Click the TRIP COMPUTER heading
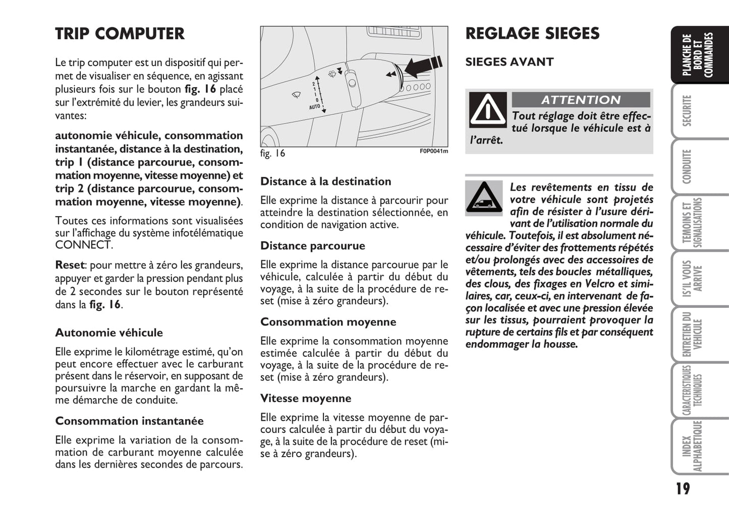coord(120,34)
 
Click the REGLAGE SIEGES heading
coord(532,34)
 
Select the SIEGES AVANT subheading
coord(509,62)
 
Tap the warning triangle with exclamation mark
coord(487,109)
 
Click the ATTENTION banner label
coord(581,100)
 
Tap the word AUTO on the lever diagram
coord(314,107)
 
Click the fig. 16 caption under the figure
coord(272,153)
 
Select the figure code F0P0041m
coord(433,151)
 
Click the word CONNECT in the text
coord(83,245)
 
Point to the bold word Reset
coord(70,265)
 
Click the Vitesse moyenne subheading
coord(306,398)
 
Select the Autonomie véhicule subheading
coord(109,333)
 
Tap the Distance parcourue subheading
coord(312,246)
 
